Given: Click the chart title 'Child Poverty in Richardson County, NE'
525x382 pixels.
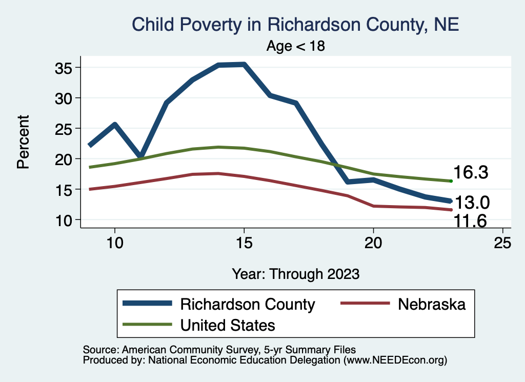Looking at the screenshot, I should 295,24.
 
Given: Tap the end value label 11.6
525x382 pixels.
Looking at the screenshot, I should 470,221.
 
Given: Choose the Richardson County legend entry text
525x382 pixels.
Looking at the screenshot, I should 247,304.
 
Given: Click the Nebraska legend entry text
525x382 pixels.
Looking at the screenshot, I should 432,304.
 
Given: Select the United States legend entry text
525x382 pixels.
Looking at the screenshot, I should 228,325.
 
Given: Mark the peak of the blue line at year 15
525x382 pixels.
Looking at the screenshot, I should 244,64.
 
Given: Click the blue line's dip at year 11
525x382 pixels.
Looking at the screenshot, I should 140,156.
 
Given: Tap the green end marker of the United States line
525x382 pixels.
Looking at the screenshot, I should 451,181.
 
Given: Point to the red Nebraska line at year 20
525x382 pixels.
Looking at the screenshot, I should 373,206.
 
